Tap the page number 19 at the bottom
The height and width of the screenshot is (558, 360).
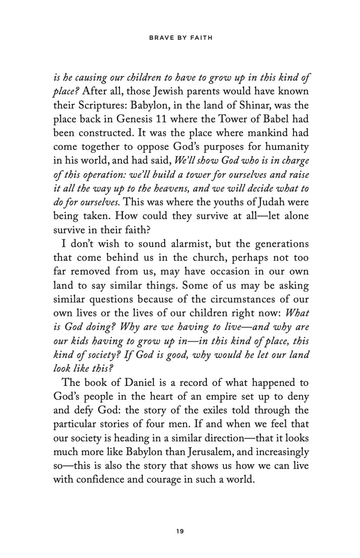pos(180,530)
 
